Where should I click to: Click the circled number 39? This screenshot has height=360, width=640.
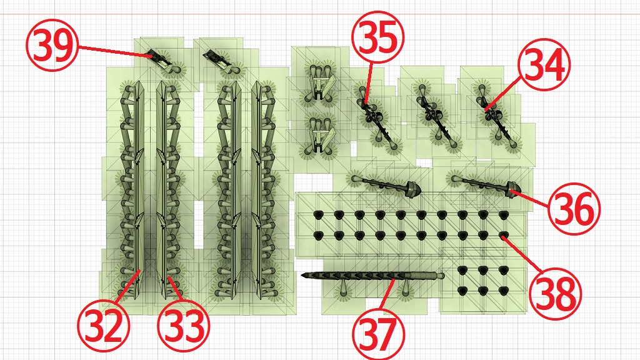point(52,45)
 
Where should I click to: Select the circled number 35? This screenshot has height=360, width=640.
point(377,37)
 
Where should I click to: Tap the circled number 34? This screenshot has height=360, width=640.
point(544,64)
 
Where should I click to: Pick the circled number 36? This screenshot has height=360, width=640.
point(574,209)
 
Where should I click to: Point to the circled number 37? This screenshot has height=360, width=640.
point(378,334)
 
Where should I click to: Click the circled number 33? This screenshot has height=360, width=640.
point(184,325)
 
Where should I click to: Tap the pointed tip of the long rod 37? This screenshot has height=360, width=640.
point(303,276)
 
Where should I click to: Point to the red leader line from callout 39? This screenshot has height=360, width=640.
point(115,52)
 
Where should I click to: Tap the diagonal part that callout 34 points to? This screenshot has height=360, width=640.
point(496,116)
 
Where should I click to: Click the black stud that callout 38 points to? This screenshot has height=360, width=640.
point(504,235)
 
